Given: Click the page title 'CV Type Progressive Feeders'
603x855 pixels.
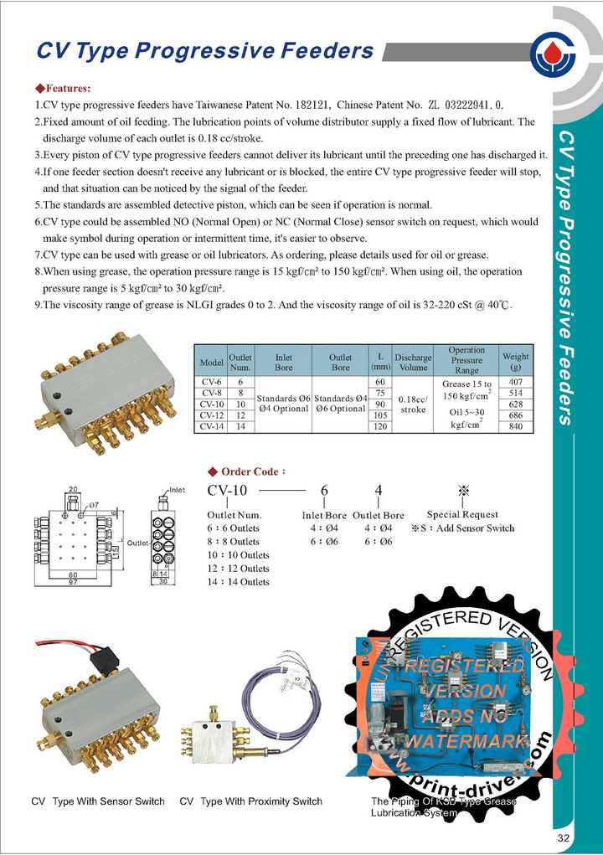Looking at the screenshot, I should [x=204, y=51].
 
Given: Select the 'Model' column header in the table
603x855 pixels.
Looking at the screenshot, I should [x=211, y=363].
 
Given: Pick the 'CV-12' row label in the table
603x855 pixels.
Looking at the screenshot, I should [x=211, y=415].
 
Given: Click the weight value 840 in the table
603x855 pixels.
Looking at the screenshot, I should [x=515, y=426].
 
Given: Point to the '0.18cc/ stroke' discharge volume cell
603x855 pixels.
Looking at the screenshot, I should [x=413, y=404].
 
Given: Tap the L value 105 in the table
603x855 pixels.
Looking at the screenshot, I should [x=380, y=415].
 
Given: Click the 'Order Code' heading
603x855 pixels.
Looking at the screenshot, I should [x=251, y=472].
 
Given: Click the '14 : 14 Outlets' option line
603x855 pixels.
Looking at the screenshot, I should [x=238, y=582].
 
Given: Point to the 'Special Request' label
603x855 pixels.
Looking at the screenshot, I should [x=462, y=514].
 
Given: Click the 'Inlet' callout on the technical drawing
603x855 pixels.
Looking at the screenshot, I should [x=177, y=490].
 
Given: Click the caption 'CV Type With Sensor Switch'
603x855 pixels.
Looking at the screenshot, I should [x=98, y=802].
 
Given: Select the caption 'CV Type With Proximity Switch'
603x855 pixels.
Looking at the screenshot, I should [x=251, y=802].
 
